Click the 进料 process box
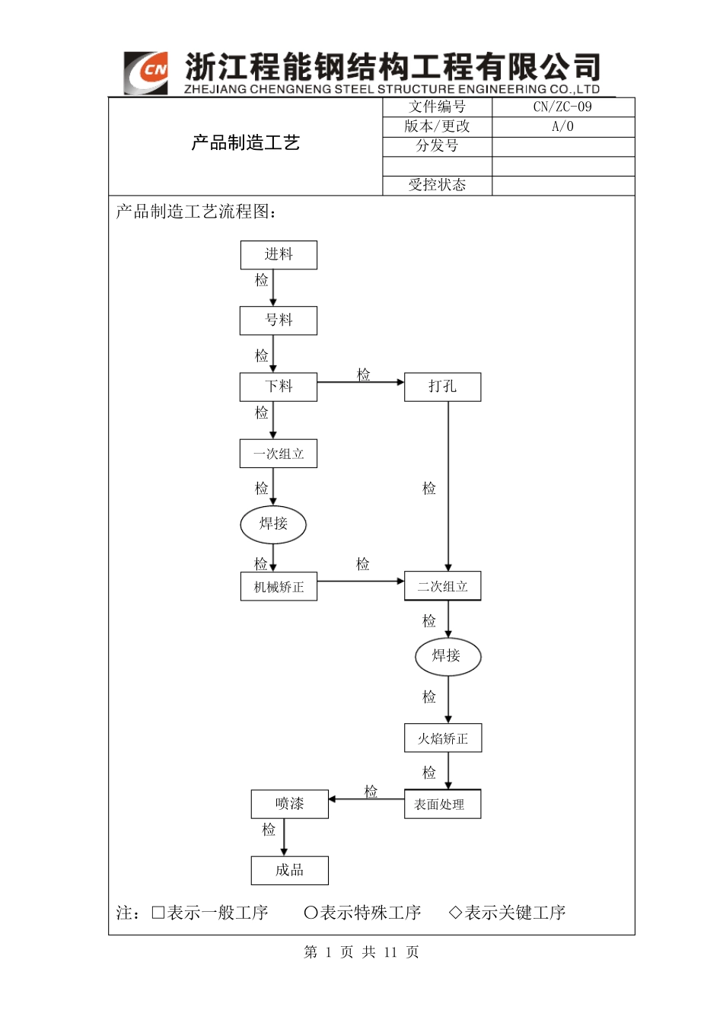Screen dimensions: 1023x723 pyautogui.click(x=279, y=255)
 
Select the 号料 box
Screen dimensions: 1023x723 pyautogui.click(x=279, y=320)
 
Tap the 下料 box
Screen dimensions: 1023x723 pyautogui.click(x=279, y=387)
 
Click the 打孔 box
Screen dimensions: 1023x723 pyautogui.click(x=442, y=387)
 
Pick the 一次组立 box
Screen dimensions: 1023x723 pyautogui.click(x=279, y=454)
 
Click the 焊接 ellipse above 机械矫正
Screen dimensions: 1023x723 pyautogui.click(x=273, y=524)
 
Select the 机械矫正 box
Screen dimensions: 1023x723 pyautogui.click(x=279, y=587)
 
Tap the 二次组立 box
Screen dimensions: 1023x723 pyautogui.click(x=442, y=586)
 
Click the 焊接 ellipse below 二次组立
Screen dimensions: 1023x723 pyautogui.click(x=447, y=656)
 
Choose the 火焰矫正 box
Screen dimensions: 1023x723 pyautogui.click(x=442, y=738)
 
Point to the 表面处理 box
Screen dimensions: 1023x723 pyautogui.click(x=442, y=805)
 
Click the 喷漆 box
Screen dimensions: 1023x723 pyautogui.click(x=289, y=804)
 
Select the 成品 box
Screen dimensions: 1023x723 pyautogui.click(x=289, y=870)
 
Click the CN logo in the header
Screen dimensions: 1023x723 pyautogui.click(x=146, y=73)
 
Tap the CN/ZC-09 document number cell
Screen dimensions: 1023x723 pyautogui.click(x=562, y=107)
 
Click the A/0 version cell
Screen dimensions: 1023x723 pyautogui.click(x=562, y=127)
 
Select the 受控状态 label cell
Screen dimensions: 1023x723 pyautogui.click(x=437, y=185)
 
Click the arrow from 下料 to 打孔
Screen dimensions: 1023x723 pyautogui.click(x=360, y=382)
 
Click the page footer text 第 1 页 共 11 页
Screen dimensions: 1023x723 pyautogui.click(x=361, y=952)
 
